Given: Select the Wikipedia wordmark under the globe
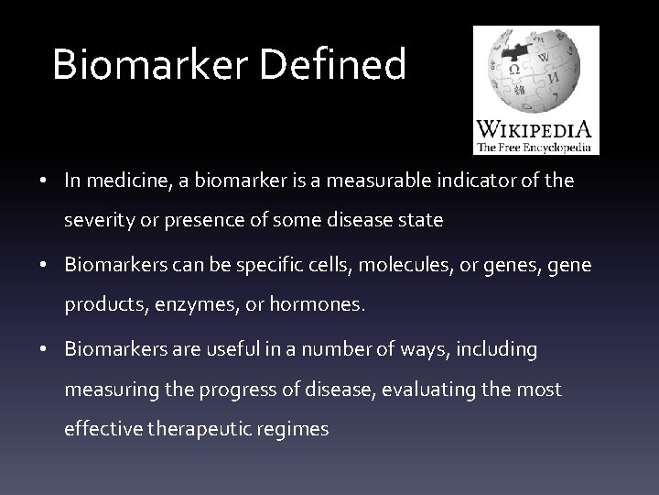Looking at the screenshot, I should tap(535, 128).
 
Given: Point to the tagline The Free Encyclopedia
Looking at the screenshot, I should tap(535, 148).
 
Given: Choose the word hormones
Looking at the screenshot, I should tap(318, 306).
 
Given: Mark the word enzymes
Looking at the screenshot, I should tap(199, 306).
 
